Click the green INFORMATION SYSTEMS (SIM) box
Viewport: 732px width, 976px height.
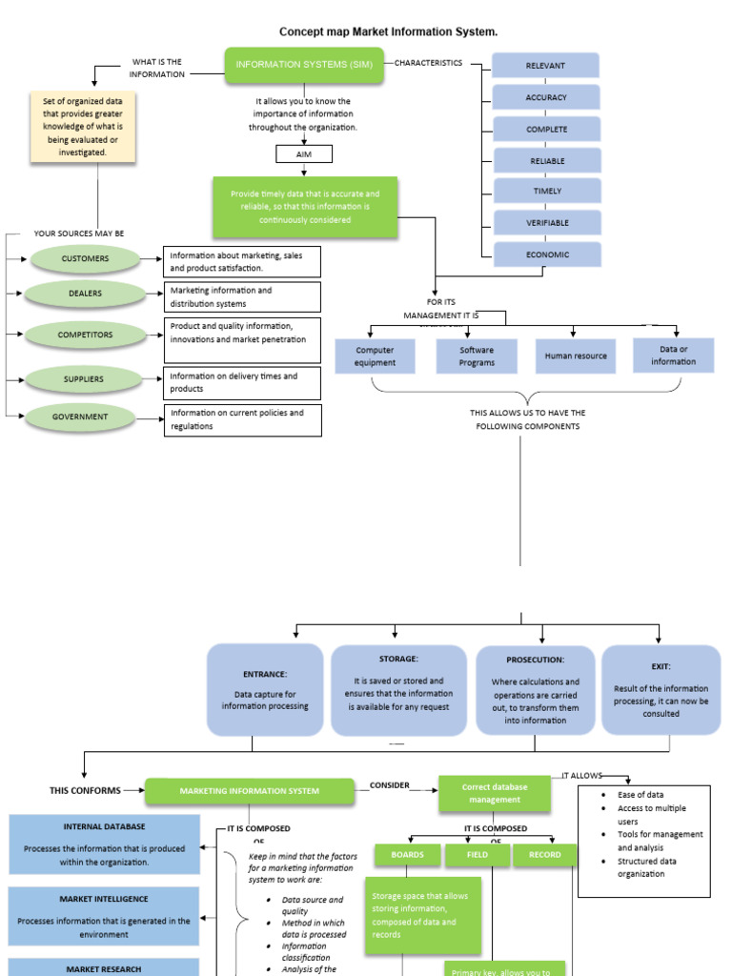[304, 65]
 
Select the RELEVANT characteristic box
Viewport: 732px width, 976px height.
[545, 66]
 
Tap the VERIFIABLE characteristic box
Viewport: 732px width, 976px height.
[547, 222]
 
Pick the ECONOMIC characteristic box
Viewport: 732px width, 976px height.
[547, 254]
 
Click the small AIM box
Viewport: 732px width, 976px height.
[303, 154]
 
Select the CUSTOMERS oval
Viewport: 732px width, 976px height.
[85, 258]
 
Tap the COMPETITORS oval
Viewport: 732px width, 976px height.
[85, 335]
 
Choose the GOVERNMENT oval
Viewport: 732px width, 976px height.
[80, 417]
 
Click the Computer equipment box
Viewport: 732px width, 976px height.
[375, 356]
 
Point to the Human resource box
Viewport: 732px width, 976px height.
[576, 356]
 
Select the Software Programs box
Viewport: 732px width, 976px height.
[477, 356]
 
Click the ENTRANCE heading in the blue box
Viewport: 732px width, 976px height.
[264, 674]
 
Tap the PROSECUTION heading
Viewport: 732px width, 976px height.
[535, 660]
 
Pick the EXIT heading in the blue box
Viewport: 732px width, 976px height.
[661, 667]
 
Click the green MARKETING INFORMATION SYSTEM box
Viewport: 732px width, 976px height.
[250, 791]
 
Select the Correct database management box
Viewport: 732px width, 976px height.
[494, 794]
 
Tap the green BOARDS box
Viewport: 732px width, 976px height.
[407, 855]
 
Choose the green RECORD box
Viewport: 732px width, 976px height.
[545, 855]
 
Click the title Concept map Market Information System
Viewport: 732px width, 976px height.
[388, 32]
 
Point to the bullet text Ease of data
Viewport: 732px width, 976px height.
[640, 795]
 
